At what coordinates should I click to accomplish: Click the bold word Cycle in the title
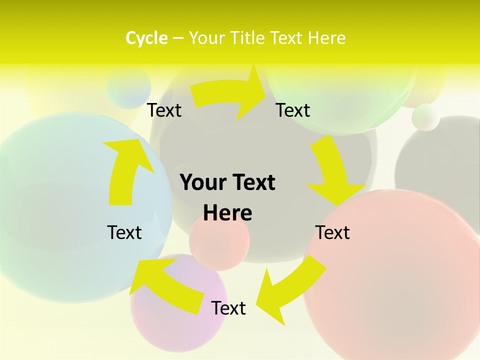click(146, 38)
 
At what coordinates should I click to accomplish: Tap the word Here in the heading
click(326, 38)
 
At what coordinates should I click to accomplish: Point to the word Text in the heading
click(288, 38)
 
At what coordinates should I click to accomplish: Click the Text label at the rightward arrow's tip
click(293, 110)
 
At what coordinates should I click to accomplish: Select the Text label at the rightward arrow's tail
click(164, 110)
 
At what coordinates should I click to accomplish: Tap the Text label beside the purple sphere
click(228, 308)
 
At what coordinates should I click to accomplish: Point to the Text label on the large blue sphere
click(124, 232)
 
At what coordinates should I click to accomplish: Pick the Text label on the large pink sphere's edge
click(332, 232)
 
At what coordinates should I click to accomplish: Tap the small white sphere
click(426, 117)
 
